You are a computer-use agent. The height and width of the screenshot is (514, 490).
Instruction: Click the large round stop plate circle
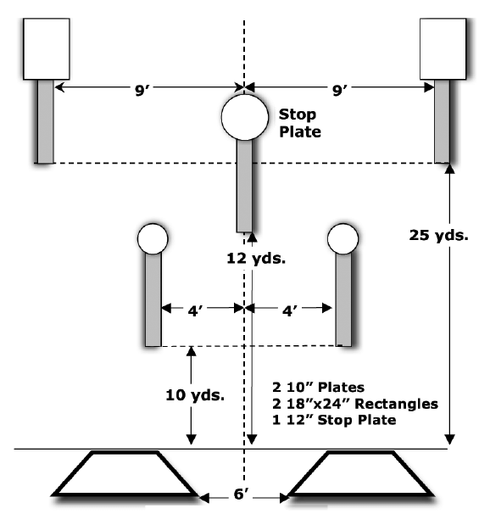[245, 117]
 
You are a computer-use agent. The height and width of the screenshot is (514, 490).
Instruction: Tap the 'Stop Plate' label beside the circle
[300, 123]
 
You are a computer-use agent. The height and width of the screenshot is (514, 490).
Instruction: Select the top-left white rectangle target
[47, 49]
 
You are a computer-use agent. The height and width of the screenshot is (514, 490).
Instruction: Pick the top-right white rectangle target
[443, 49]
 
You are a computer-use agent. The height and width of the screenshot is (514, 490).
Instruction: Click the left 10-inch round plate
[153, 239]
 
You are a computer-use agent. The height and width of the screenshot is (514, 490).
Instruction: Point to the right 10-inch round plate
[343, 239]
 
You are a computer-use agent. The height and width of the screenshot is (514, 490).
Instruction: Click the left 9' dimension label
[142, 90]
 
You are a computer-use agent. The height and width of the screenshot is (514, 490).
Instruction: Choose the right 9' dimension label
[340, 90]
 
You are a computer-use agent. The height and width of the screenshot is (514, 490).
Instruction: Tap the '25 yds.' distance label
[438, 235]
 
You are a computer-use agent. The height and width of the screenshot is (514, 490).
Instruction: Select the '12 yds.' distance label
[256, 259]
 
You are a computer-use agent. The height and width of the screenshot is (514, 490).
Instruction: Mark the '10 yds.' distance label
[195, 395]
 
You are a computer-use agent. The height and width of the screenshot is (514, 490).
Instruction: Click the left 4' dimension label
[195, 310]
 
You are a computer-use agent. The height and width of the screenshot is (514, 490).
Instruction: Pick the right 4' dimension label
[290, 310]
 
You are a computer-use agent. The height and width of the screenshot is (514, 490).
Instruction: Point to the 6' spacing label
[241, 494]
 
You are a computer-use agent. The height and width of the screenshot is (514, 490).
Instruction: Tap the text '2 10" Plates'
[318, 387]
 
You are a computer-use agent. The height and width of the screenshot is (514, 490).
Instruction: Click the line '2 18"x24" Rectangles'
[355, 404]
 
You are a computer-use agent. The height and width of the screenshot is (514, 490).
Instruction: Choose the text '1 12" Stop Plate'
[334, 420]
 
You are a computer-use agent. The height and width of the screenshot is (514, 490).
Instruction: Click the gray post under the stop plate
[245, 186]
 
